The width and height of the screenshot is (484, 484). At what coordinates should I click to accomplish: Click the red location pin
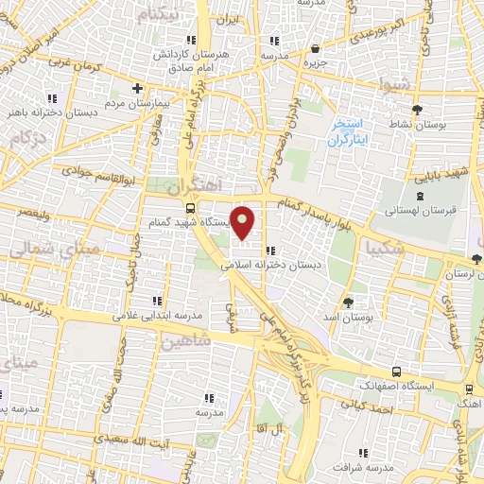(243, 222)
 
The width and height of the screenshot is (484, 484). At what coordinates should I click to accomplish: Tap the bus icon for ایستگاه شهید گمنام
(191, 208)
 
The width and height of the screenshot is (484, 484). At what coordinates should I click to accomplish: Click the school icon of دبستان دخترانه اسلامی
(271, 251)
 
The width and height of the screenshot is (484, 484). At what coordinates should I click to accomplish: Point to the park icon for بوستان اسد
(349, 302)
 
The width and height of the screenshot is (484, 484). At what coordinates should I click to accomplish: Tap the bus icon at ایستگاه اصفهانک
(395, 372)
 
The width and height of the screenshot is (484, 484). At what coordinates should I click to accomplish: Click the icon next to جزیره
(315, 48)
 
